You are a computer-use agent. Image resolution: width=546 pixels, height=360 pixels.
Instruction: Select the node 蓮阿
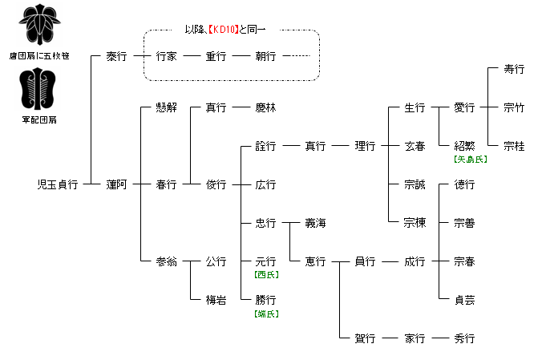coord(116,184)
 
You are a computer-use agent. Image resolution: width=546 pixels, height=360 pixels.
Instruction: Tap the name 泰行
coord(116,57)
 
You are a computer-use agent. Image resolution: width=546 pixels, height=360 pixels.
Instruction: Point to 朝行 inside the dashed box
coord(265,57)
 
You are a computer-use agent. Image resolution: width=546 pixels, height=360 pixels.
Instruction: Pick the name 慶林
coord(265,107)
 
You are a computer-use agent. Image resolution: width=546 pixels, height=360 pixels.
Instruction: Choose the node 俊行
coord(216,184)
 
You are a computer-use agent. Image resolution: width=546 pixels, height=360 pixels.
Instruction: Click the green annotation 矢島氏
coord(470,159)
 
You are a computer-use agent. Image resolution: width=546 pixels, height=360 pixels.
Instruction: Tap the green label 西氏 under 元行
coord(265,274)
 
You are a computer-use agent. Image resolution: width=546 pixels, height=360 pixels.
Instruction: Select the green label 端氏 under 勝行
coord(265,313)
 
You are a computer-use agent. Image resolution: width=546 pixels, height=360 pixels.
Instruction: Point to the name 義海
coord(315,223)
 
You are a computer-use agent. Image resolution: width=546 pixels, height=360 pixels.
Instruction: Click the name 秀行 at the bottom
coord(464,338)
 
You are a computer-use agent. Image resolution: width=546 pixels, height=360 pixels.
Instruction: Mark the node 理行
coord(365,146)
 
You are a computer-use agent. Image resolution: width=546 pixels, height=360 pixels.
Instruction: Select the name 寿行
coord(514,70)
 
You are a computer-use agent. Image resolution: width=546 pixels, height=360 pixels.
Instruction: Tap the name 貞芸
coord(464,300)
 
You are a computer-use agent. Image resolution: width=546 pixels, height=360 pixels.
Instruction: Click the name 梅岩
coord(216,300)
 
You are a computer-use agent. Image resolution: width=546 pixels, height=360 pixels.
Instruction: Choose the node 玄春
coord(415,146)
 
